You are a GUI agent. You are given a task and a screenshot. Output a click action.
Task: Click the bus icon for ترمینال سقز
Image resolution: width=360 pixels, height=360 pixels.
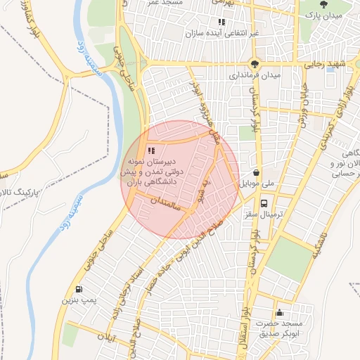point(264,204)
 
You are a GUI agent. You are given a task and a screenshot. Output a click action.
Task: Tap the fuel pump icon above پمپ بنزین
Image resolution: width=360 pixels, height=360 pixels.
point(78,289)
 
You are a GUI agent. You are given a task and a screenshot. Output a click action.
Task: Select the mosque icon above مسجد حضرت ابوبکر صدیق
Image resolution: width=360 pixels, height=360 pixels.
point(280,313)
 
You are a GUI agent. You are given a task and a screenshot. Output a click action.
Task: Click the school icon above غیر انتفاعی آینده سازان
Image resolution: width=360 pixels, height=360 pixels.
point(221,22)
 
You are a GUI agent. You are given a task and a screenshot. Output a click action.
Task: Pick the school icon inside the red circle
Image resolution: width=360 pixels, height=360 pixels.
point(151,150)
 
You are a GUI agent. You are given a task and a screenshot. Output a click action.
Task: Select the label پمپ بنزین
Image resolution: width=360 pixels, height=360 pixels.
point(78,300)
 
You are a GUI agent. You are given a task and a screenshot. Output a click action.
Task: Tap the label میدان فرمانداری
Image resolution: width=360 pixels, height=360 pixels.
point(257,75)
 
